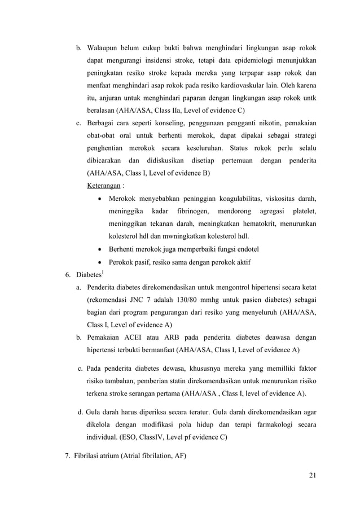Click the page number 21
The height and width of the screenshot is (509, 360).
click(x=312, y=474)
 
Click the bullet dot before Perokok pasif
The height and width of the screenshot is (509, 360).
click(x=100, y=263)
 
